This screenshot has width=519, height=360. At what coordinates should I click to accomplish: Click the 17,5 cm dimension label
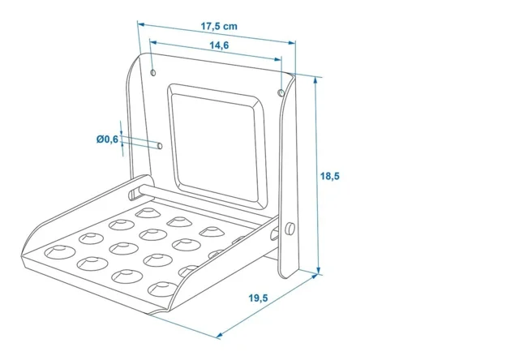(219, 26)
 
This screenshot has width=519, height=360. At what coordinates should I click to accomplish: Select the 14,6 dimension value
(219, 45)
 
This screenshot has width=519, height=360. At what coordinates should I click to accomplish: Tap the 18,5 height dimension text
(330, 176)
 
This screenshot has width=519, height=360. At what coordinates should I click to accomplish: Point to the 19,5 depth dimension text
(258, 298)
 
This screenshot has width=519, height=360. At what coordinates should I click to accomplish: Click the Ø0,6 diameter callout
(107, 139)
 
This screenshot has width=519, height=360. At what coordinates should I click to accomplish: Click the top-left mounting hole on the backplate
(153, 72)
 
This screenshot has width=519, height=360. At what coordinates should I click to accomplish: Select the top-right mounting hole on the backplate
(281, 92)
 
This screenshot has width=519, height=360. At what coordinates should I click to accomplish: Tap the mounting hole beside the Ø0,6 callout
(160, 146)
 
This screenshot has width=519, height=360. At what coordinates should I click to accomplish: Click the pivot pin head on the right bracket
(290, 229)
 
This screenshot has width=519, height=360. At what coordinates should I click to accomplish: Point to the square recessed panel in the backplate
(217, 147)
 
